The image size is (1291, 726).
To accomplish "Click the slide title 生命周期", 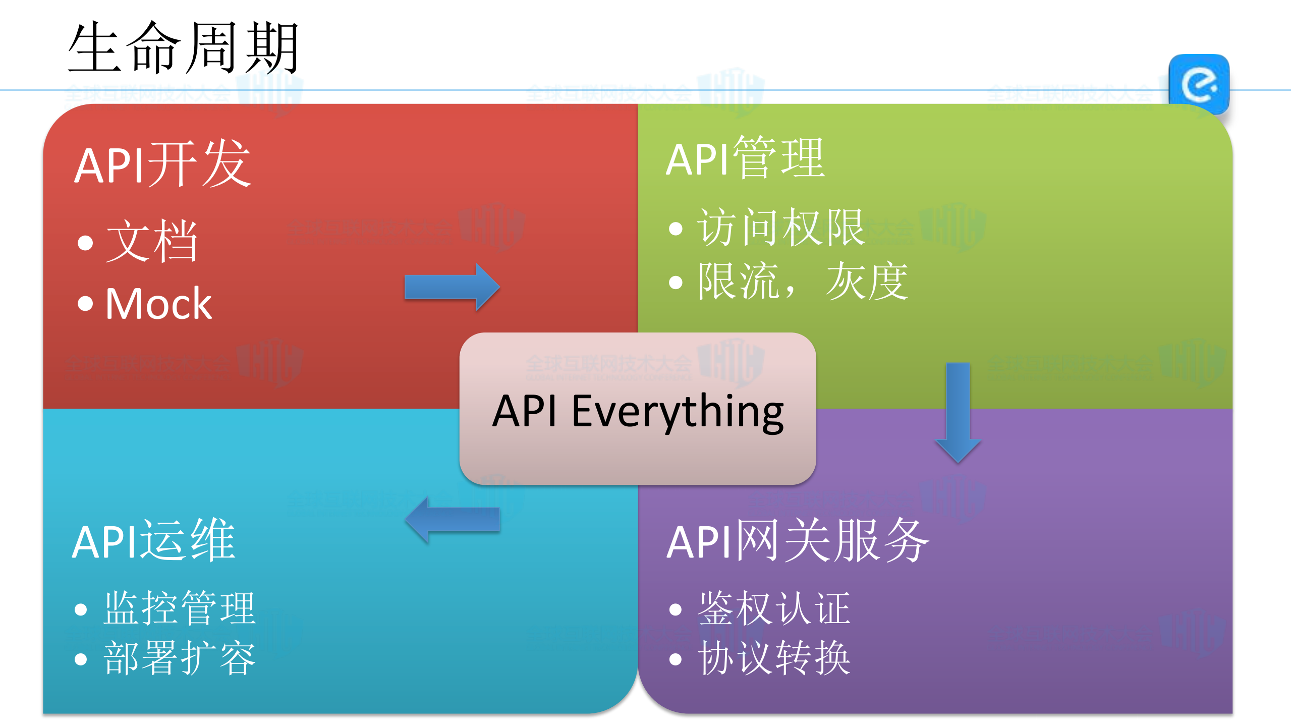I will (x=184, y=48).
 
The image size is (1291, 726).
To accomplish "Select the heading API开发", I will (x=162, y=164).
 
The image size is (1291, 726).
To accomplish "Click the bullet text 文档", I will (x=151, y=241).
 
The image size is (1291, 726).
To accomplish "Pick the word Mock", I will (x=158, y=304).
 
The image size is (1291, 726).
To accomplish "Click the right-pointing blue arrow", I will (x=452, y=287).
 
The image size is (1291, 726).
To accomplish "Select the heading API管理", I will (x=745, y=158).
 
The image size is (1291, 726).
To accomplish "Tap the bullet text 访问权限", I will (x=780, y=228).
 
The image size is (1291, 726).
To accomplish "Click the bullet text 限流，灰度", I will (x=803, y=281).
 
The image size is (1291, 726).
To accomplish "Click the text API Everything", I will (x=638, y=411).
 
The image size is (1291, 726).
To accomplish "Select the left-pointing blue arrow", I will (x=453, y=520).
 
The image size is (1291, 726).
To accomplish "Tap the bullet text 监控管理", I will (x=180, y=608).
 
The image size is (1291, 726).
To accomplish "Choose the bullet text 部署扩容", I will (x=180, y=658).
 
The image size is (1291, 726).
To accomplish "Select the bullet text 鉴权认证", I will (x=774, y=608).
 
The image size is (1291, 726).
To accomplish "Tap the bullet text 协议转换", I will (x=774, y=658).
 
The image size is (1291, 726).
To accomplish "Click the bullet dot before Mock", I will (x=85, y=304).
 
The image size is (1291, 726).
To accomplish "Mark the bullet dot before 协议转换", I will (x=675, y=659).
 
